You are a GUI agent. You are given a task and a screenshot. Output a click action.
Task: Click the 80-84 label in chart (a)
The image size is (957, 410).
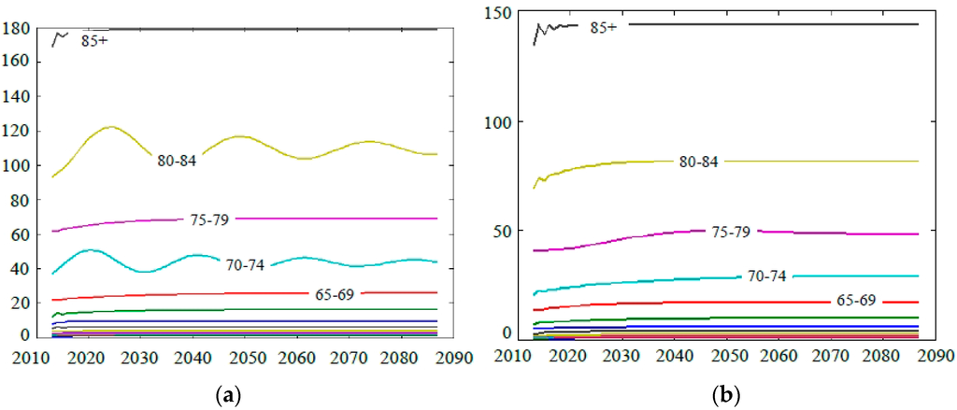click(177, 161)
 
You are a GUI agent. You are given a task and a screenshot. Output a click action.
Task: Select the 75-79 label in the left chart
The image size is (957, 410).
click(206, 219)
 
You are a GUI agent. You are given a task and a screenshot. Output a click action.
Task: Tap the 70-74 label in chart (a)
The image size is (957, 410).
click(245, 265)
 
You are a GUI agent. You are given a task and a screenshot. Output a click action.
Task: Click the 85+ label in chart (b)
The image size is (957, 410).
click(603, 28)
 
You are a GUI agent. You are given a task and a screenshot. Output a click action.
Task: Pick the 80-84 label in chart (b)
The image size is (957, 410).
click(698, 162)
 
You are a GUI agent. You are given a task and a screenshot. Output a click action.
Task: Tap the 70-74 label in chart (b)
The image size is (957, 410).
click(767, 276)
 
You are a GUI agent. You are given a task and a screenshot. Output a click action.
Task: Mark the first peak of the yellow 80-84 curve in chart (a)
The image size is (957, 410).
click(111, 126)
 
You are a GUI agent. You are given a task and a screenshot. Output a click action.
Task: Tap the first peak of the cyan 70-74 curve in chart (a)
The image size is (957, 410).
click(90, 249)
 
